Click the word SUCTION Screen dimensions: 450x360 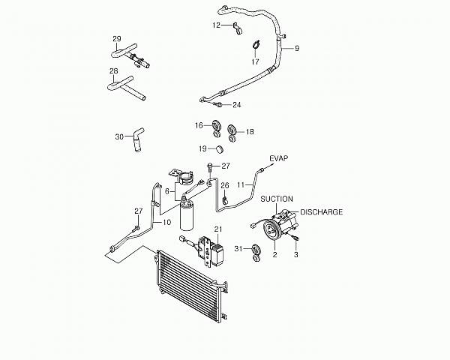click(x=277, y=199)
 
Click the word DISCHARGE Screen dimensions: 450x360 click(x=322, y=212)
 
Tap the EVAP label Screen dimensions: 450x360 click(x=279, y=158)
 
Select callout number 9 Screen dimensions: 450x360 click(x=297, y=49)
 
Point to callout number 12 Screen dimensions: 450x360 click(x=217, y=25)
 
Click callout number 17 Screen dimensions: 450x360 click(x=255, y=61)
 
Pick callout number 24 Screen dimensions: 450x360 click(x=237, y=105)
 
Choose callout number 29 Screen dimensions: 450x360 click(x=117, y=39)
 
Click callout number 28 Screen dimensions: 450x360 click(x=114, y=71)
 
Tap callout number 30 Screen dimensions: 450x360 click(x=119, y=137)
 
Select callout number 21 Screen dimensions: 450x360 click(x=218, y=229)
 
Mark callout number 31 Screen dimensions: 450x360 click(x=238, y=249)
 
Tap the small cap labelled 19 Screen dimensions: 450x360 click(x=220, y=149)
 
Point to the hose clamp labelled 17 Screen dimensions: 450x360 click(x=256, y=44)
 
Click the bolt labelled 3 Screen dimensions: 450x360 click(x=295, y=237)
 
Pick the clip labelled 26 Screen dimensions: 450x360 click(x=225, y=199)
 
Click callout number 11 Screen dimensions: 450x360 click(x=241, y=185)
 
